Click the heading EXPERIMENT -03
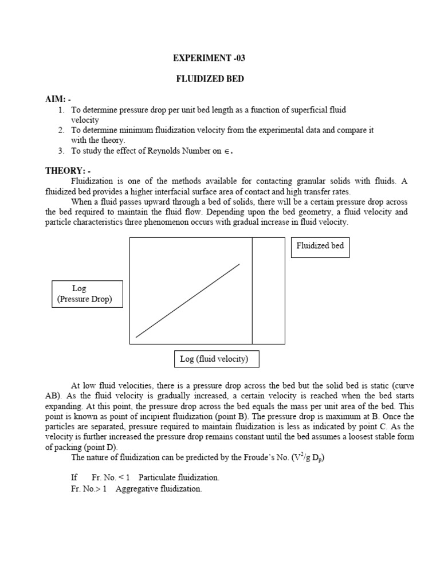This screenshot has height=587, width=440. tap(209, 58)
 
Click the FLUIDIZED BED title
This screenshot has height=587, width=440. tap(210, 79)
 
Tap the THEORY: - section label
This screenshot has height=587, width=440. tap(68, 170)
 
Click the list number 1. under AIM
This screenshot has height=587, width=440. tap(61, 109)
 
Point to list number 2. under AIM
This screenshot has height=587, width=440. tap(61, 130)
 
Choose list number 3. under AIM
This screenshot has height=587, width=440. tap(61, 151)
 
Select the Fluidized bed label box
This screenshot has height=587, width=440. tap(320, 246)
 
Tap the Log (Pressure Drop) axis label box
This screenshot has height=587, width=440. tap(87, 293)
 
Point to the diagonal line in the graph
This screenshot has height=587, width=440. tap(187, 301)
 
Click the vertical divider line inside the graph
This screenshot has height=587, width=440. tap(252, 291)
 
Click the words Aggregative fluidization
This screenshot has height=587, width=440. tap(158, 489)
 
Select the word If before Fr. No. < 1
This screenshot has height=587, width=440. tap(74, 478)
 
